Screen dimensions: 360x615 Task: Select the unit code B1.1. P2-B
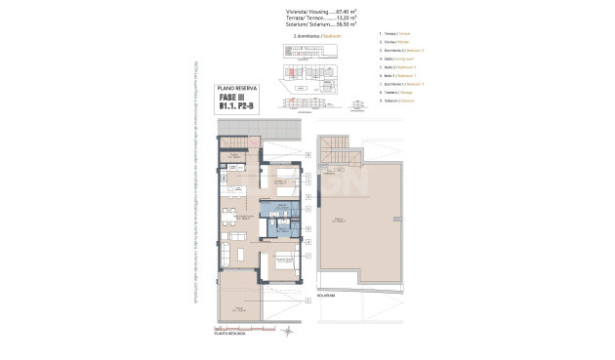[237, 105]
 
